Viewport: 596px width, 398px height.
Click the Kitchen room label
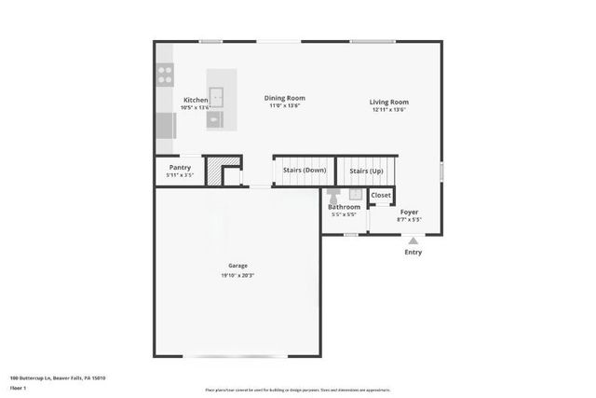click(x=196, y=100)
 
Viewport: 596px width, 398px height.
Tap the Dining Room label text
click(x=284, y=98)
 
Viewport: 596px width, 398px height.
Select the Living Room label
click(x=389, y=103)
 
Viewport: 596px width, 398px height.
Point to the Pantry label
click(x=180, y=168)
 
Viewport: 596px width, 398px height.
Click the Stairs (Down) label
click(x=304, y=171)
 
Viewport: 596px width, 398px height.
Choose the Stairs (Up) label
click(x=365, y=172)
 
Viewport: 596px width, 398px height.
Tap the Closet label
click(x=381, y=196)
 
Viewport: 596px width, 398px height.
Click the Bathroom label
click(x=344, y=207)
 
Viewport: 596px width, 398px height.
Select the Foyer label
click(x=410, y=213)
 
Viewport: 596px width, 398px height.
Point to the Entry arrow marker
click(x=413, y=241)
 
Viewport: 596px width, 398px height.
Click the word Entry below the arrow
click(x=413, y=253)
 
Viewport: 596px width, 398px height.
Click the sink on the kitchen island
click(x=216, y=95)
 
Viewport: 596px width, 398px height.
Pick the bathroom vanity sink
click(x=355, y=194)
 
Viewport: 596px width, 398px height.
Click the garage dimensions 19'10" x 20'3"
click(x=238, y=275)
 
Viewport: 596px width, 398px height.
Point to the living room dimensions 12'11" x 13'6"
click(x=389, y=111)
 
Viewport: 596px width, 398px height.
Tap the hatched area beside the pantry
click(x=214, y=172)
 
